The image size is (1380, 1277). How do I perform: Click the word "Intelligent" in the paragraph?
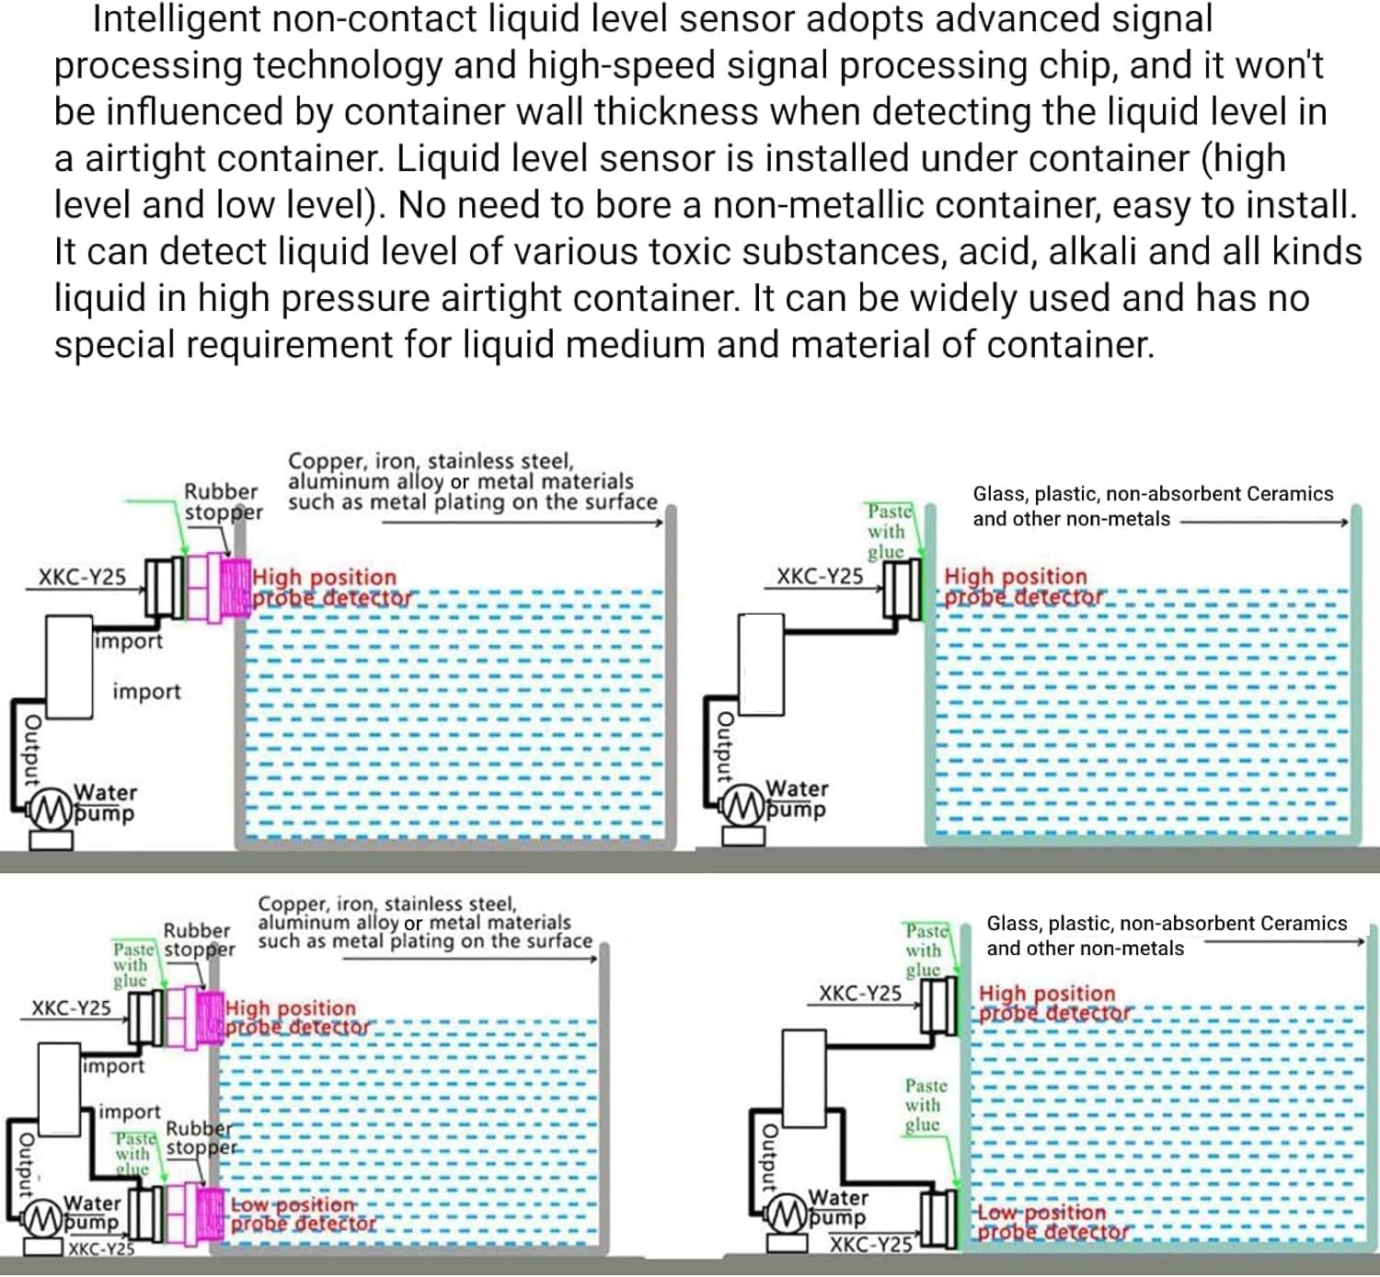point(192,20)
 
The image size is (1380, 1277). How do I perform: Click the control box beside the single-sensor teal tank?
point(761,664)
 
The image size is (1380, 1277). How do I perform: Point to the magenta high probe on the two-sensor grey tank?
point(212,1018)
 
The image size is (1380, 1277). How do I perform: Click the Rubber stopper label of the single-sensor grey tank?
point(222,502)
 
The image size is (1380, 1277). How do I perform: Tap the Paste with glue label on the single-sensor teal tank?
point(887,531)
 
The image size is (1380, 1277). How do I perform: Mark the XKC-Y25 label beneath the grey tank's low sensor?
point(101,1249)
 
